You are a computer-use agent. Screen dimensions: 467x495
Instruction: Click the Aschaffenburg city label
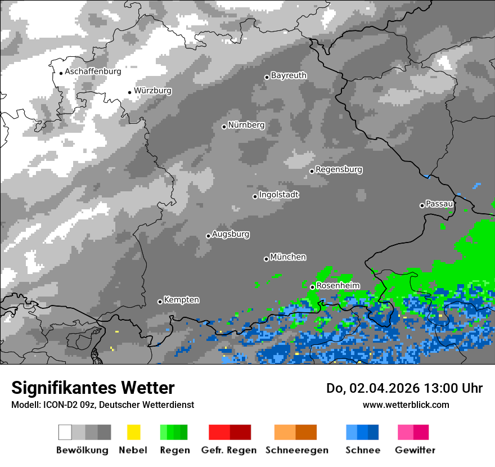93,71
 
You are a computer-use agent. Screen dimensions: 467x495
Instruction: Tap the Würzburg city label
152,91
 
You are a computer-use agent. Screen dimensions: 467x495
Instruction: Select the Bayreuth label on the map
289,75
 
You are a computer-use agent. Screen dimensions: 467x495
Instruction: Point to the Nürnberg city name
246,125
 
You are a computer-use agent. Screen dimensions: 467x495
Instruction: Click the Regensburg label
339,169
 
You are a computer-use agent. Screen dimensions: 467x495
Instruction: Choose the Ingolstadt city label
278,195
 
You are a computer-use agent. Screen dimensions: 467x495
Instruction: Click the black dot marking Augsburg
208,236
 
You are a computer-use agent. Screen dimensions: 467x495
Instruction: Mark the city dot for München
266,259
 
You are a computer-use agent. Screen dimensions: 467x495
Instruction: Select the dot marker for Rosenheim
312,287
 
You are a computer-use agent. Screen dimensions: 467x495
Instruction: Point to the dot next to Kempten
160,302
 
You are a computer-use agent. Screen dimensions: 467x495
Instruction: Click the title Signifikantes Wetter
93,388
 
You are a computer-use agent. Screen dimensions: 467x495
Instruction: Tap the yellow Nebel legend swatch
133,432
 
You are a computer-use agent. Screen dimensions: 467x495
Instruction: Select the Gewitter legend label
415,450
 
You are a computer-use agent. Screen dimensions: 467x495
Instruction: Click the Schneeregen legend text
296,450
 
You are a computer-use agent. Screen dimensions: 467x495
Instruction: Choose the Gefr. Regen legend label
228,450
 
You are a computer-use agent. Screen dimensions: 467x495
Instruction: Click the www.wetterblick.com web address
406,405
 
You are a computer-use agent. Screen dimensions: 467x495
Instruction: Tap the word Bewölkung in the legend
82,450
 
